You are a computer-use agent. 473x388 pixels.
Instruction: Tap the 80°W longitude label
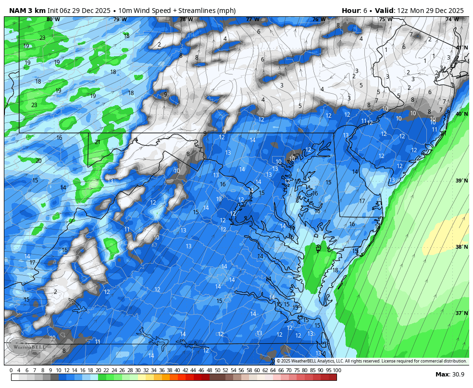point(53,20)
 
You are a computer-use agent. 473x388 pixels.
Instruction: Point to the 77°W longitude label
point(252,20)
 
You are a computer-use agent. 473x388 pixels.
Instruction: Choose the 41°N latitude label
point(461,48)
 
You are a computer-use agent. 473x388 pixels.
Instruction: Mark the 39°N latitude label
point(461,181)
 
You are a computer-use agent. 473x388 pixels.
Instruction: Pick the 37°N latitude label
point(461,314)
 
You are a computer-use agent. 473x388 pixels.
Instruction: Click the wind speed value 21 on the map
point(98,142)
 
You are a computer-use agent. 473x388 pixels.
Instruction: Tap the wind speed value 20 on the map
point(38,161)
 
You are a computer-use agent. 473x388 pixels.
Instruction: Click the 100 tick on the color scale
point(336,370)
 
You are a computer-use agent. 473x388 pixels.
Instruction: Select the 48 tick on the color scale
point(209,370)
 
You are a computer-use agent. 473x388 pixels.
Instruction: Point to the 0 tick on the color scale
point(11,370)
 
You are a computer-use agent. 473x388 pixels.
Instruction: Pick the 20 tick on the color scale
point(99,370)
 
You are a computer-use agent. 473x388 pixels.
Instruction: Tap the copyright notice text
point(371,361)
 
